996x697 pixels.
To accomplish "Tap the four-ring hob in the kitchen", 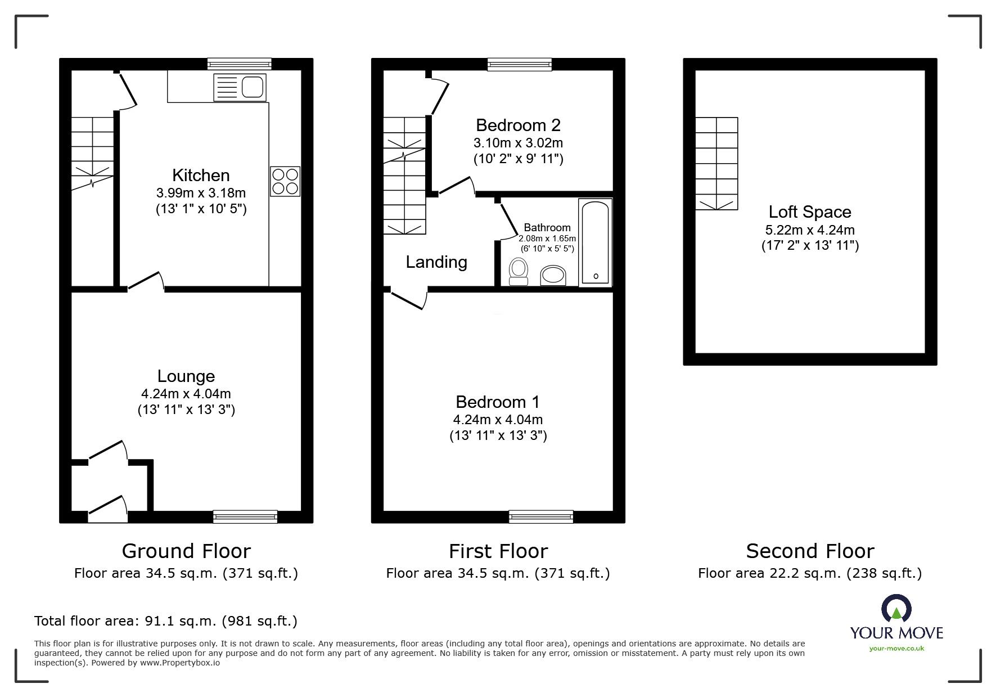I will pyautogui.click(x=285, y=181).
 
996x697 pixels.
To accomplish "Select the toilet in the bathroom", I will pyautogui.click(x=518, y=271).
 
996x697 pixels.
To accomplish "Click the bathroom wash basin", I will pyautogui.click(x=553, y=275).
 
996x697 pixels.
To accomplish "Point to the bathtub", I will pyautogui.click(x=595, y=242).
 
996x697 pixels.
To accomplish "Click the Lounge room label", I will pyautogui.click(x=186, y=376).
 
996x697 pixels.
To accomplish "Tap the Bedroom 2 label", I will pyautogui.click(x=517, y=125).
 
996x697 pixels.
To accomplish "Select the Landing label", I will pyautogui.click(x=436, y=262).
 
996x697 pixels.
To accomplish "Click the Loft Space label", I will pyautogui.click(x=809, y=212).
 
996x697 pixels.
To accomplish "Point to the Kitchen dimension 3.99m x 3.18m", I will pyautogui.click(x=201, y=193).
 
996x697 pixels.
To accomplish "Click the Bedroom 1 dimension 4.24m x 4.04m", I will pyautogui.click(x=498, y=420).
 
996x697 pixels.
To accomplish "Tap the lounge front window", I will pyautogui.click(x=245, y=516).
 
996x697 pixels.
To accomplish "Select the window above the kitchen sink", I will pyautogui.click(x=240, y=64).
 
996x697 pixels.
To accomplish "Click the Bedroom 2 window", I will pyautogui.click(x=519, y=64).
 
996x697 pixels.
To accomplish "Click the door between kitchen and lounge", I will pyautogui.click(x=146, y=283).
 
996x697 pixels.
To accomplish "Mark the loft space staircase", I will pyautogui.click(x=716, y=163).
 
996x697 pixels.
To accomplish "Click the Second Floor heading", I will pyautogui.click(x=809, y=551).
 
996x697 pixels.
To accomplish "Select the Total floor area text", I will pyautogui.click(x=166, y=621).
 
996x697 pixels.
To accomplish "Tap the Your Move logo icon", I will pyautogui.click(x=896, y=609).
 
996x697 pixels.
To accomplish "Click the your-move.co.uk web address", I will pyautogui.click(x=896, y=649).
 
